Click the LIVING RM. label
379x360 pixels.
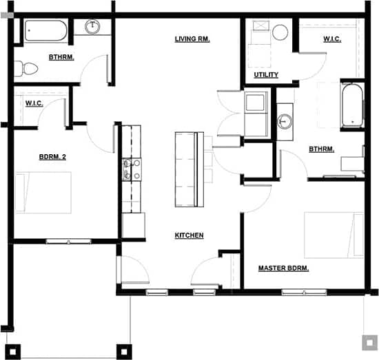(192, 39)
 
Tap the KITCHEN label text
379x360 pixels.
(189, 235)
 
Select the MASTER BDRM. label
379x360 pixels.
(283, 268)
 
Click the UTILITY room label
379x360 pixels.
(266, 74)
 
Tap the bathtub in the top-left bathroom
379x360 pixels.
(45, 32)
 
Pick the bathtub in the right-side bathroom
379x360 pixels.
(352, 105)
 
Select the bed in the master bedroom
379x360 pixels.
(334, 236)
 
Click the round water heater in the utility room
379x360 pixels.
(280, 32)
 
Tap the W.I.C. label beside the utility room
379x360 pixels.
(332, 39)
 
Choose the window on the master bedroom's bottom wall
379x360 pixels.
(305, 293)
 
